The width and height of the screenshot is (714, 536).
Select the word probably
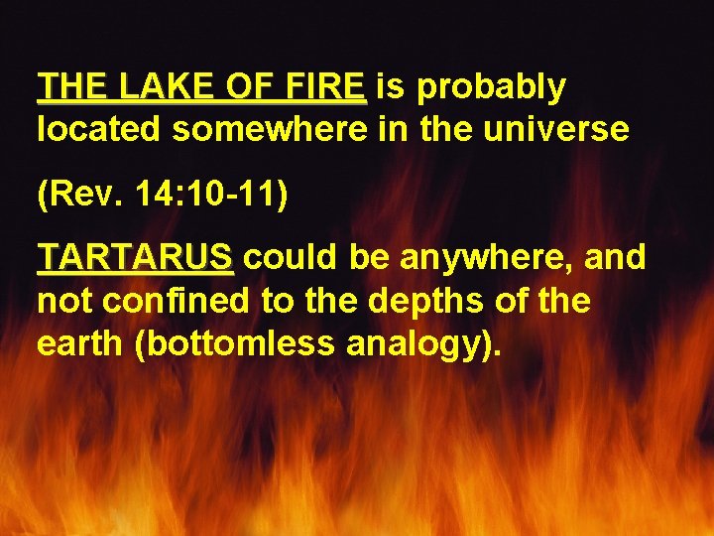tap(492, 87)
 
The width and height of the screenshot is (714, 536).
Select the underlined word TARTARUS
tap(135, 258)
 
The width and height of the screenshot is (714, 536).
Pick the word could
tap(286, 258)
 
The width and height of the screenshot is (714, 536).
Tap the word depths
tap(444, 300)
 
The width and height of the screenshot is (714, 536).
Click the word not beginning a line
tap(59, 300)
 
